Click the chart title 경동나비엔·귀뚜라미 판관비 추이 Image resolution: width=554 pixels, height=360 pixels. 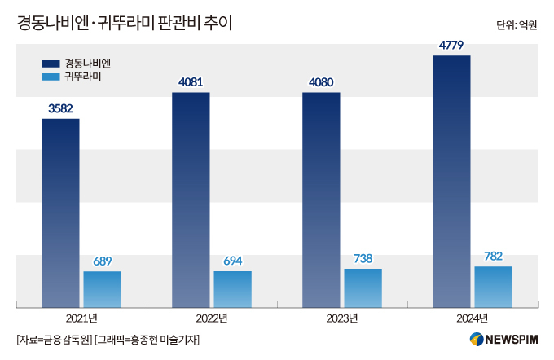[124, 24]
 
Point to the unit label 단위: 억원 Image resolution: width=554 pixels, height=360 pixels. [517, 25]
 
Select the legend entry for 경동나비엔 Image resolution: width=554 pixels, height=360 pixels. [77, 63]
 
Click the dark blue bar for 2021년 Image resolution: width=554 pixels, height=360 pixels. [60, 213]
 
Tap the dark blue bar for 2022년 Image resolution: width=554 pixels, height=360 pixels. [191, 200]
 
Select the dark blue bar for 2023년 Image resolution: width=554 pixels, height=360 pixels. [321, 200]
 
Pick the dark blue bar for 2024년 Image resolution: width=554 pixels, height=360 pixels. [451, 181]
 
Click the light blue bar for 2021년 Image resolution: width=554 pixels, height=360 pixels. [102, 289]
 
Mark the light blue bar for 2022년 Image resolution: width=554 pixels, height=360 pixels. [232, 289]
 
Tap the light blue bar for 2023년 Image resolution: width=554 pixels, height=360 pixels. [363, 288]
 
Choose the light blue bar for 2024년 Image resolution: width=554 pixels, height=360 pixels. [493, 287]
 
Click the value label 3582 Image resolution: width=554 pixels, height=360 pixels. [60, 108]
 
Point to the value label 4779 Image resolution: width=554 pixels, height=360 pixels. [451, 45]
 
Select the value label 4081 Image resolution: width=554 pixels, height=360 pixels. [191, 81]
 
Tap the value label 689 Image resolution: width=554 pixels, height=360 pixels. [102, 261]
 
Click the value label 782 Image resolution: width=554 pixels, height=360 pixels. [493, 256]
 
